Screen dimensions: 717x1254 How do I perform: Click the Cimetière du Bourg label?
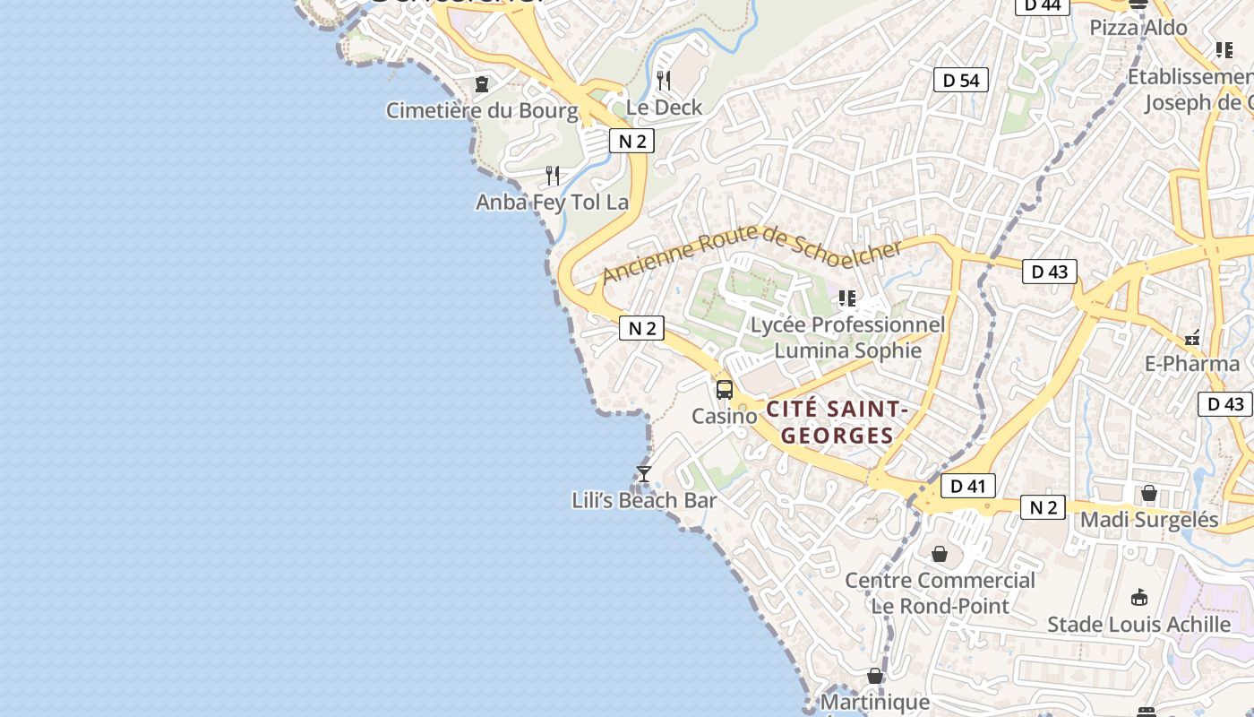(x=482, y=110)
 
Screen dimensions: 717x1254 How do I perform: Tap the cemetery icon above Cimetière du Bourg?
(x=482, y=84)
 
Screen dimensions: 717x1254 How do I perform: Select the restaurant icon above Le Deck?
(x=664, y=81)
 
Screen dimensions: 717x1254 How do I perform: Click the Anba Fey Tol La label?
(x=552, y=203)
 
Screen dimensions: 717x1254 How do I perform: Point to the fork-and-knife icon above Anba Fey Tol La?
(x=553, y=176)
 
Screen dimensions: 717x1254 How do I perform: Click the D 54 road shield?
(x=961, y=80)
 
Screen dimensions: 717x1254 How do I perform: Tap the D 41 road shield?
(x=967, y=486)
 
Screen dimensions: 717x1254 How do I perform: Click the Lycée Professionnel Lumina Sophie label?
(x=847, y=337)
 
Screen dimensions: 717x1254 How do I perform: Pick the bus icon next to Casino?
(x=725, y=390)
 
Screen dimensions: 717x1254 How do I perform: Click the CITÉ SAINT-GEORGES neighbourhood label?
(x=837, y=422)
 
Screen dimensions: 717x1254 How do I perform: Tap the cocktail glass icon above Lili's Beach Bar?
(x=643, y=474)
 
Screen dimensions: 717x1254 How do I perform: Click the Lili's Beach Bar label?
(x=644, y=500)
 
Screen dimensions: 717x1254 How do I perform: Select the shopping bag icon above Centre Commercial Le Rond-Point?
(x=940, y=555)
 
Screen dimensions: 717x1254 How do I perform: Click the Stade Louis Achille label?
(x=1138, y=625)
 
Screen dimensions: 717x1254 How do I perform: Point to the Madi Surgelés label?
(x=1149, y=520)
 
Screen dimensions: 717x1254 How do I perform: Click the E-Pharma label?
(x=1192, y=364)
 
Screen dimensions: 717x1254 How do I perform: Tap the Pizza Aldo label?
(x=1138, y=28)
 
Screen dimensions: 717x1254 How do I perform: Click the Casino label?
(x=724, y=416)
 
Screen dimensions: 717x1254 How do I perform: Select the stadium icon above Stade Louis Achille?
(x=1139, y=597)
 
